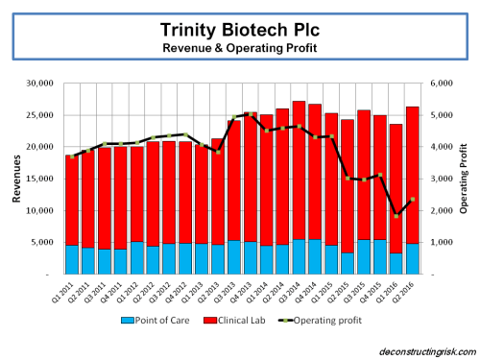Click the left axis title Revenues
(x=15, y=179)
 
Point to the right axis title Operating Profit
(x=464, y=179)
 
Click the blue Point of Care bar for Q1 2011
(x=72, y=259)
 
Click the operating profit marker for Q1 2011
(x=72, y=156)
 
